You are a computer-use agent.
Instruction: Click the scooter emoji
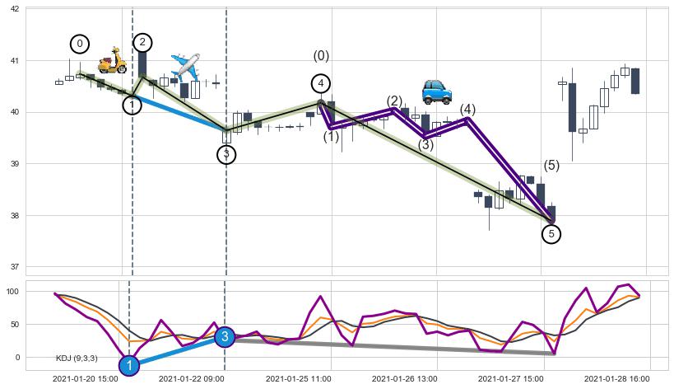pos(112,60)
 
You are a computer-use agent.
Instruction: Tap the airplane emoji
pos(186,66)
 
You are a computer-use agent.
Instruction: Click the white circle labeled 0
pos(79,44)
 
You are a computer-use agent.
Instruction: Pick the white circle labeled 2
pos(142,42)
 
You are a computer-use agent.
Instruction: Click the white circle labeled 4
pos(321,83)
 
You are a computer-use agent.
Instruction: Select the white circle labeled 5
pos(551,234)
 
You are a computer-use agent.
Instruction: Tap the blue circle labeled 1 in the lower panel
pos(128,365)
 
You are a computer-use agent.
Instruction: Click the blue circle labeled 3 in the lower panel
pos(225,336)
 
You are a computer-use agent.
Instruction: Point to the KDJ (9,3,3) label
pos(77,358)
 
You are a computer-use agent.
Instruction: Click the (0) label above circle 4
pos(321,56)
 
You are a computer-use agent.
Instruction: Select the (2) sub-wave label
pos(394,101)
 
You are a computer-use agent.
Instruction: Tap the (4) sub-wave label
pos(467,110)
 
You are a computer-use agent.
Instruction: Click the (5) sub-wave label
pos(551,165)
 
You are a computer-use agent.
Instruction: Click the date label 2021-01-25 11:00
pos(298,378)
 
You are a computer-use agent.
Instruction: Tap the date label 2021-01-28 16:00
pos(616,378)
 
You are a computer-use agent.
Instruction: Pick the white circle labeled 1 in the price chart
pos(132,105)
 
